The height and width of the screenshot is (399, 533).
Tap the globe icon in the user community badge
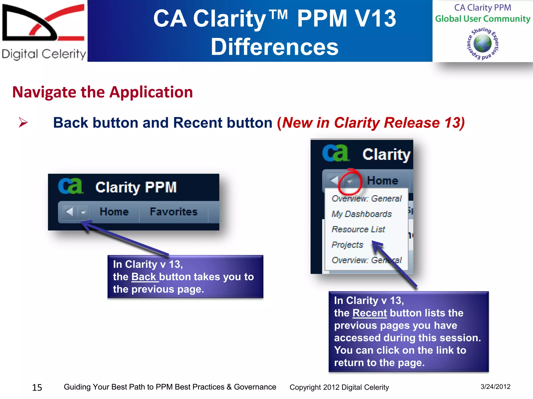tap(482, 43)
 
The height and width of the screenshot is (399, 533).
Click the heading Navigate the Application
tap(103, 92)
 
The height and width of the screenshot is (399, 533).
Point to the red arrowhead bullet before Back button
tap(23, 122)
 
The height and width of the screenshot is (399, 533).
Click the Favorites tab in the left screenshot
tap(174, 212)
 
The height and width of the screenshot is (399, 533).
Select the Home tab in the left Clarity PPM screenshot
tap(114, 212)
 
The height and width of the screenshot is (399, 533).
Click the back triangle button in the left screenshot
tap(69, 212)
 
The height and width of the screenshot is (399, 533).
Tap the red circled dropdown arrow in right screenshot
tap(350, 181)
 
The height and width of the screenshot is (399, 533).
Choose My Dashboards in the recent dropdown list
tap(361, 214)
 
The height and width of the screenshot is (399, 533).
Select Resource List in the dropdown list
tap(358, 229)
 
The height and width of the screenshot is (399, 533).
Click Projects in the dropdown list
tap(347, 245)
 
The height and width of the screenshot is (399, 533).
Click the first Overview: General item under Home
tap(366, 198)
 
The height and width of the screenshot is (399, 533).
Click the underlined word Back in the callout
tap(144, 277)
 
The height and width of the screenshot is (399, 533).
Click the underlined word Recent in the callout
tap(370, 313)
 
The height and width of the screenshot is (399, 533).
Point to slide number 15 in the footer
tap(37, 388)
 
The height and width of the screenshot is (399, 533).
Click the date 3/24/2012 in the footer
tap(495, 387)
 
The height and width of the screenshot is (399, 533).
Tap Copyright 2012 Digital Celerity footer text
tap(339, 387)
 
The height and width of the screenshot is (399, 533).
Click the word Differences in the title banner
tap(275, 47)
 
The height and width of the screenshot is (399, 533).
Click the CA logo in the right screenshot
tap(335, 153)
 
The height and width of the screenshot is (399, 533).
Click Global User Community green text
tap(483, 19)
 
